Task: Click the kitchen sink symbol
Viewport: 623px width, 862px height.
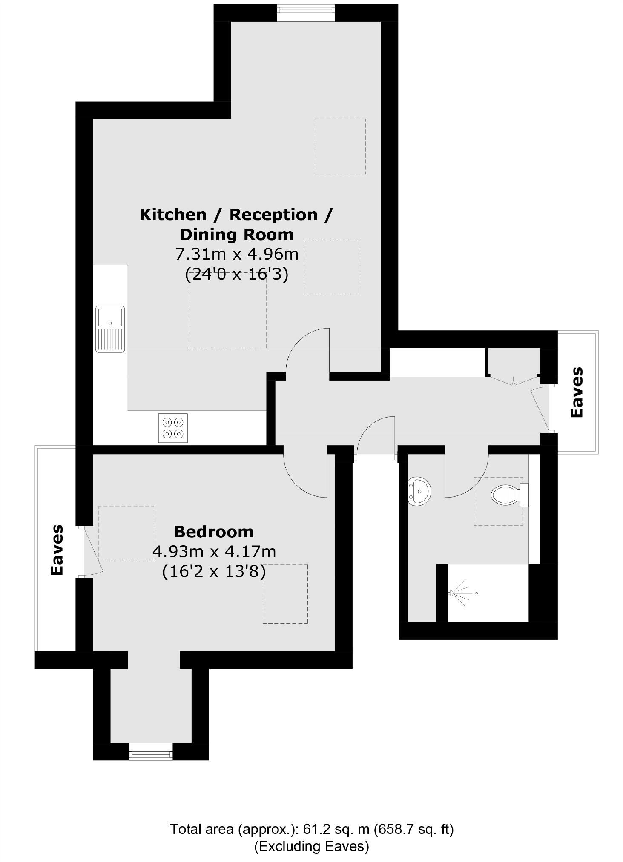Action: [x=110, y=329]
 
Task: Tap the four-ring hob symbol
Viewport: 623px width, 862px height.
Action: [x=173, y=428]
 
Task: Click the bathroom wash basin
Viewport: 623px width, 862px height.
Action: [x=419, y=491]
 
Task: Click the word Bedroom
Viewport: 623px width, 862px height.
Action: [x=213, y=532]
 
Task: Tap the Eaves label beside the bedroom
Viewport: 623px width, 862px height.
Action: [x=57, y=550]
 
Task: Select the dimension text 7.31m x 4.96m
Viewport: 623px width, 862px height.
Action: [x=237, y=254]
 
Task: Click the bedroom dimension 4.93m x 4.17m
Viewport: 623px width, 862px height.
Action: [x=214, y=552]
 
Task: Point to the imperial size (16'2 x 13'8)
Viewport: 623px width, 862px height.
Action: [x=214, y=571]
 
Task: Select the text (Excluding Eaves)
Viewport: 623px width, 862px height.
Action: [x=311, y=846]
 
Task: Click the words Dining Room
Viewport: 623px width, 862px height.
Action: [x=237, y=235]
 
